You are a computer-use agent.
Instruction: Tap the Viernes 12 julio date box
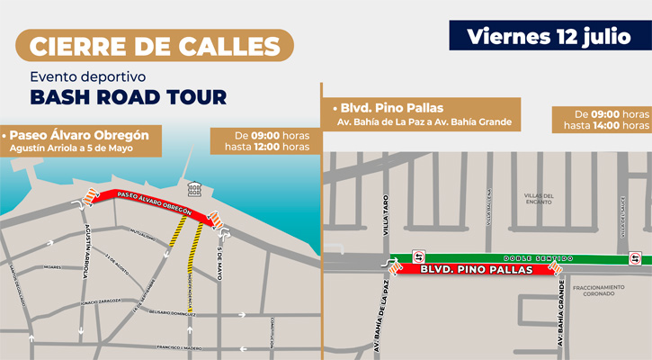point(549,36)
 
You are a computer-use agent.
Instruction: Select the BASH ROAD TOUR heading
point(129,96)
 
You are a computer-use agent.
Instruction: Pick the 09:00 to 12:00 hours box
point(260,139)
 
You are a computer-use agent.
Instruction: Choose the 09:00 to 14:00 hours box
point(601,119)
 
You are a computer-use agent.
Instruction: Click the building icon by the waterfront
point(193,188)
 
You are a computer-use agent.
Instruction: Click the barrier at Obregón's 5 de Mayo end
point(217,220)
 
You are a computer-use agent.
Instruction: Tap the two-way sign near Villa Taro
point(417,256)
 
